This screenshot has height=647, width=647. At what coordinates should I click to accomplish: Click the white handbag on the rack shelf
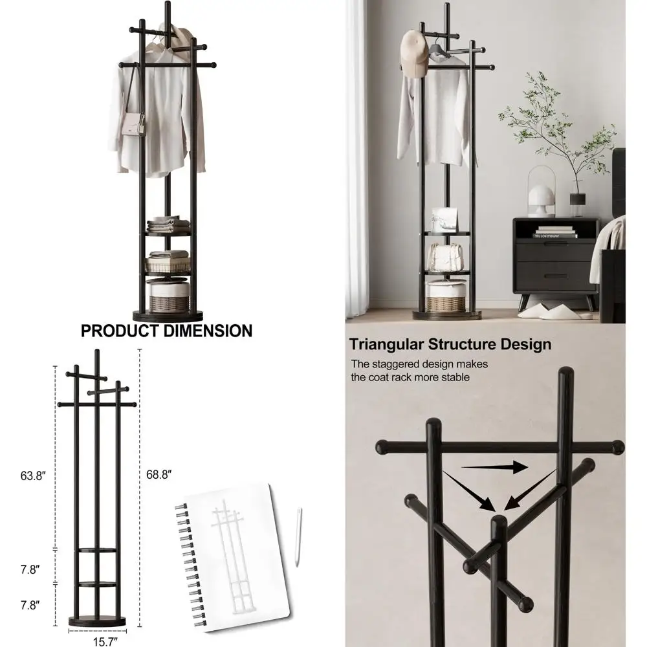coord(446,257)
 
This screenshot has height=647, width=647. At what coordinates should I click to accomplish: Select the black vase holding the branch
coord(577,203)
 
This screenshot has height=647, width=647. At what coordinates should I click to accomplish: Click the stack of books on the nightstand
coord(555,231)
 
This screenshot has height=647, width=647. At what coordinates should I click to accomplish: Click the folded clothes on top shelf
coord(168,225)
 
